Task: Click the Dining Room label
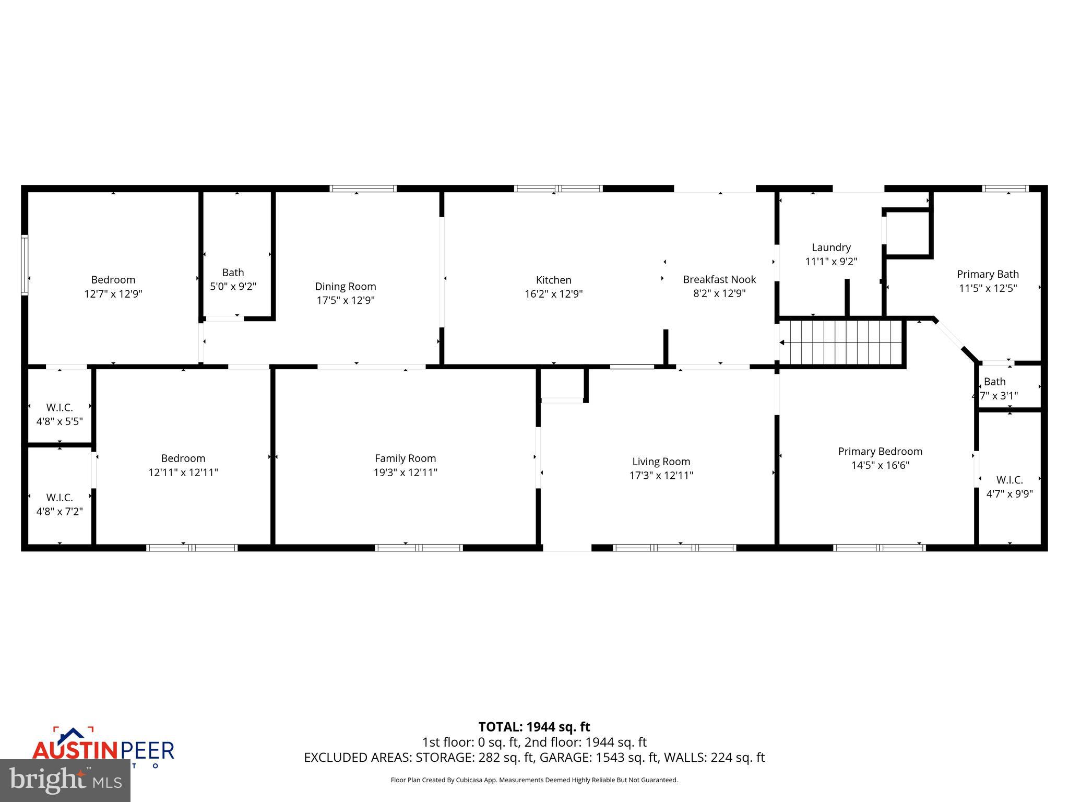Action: coord(345,287)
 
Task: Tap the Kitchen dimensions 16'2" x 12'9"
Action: coord(553,294)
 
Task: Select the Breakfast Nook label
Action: coord(719,279)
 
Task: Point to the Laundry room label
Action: coord(831,247)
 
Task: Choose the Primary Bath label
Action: coord(988,274)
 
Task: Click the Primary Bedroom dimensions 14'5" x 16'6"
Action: coord(880,465)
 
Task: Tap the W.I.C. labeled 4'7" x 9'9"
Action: coord(1009,487)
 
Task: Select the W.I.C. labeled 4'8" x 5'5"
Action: coord(60,414)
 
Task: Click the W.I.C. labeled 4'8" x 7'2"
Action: coord(60,504)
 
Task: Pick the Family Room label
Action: coord(405,458)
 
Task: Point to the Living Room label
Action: coord(661,462)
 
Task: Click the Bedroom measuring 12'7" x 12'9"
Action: coord(113,287)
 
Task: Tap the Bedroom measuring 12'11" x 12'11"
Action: coord(183,465)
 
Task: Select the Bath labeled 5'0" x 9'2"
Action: coord(233,279)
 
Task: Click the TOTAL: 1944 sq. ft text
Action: coord(534,727)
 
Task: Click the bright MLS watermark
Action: coord(65,780)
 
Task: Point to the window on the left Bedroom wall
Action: coord(24,265)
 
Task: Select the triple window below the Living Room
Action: coord(674,548)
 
